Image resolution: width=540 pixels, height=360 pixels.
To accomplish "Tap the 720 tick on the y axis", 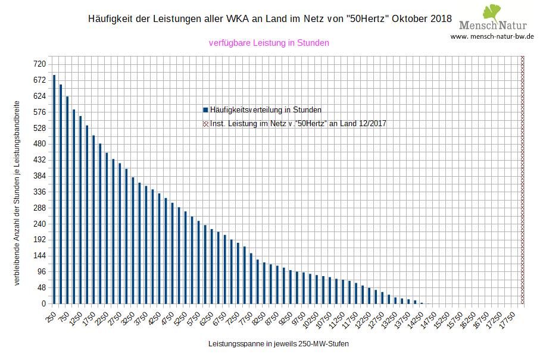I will (39, 64).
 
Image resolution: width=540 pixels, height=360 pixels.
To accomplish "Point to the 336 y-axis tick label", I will (39, 192).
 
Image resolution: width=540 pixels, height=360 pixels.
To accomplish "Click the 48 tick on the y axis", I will (41, 288).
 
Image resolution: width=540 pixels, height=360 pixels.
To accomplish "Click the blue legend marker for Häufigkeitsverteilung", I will (205, 110).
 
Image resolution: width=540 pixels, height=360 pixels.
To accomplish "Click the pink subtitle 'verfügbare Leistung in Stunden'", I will (269, 43).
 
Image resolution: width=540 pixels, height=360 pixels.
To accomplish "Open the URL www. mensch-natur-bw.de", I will (492, 36).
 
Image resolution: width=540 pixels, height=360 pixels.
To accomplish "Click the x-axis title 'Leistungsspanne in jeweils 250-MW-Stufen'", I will (279, 345).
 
